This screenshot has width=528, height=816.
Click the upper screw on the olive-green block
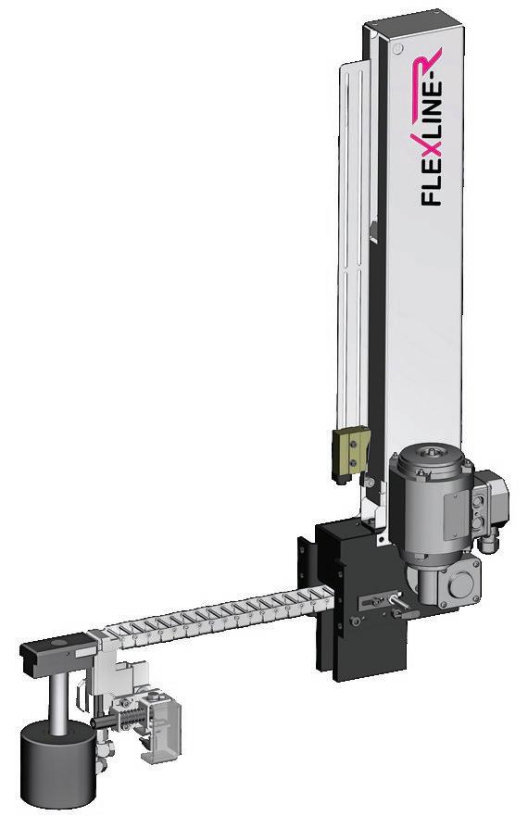click(354, 444)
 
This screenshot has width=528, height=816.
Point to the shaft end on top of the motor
click(430, 453)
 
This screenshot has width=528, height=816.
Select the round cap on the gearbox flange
click(460, 585)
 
